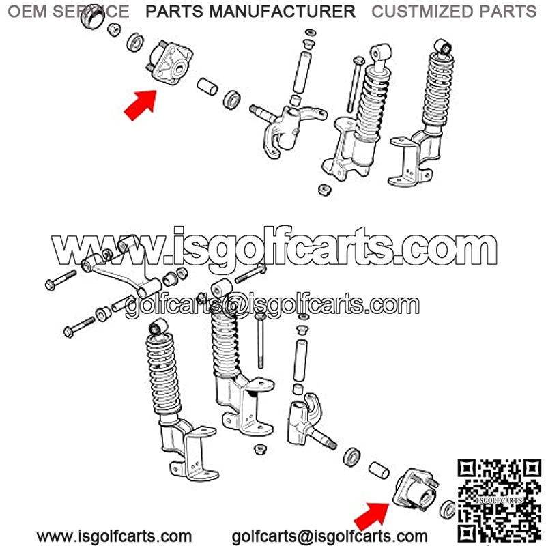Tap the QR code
(500, 502)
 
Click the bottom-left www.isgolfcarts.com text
(114, 536)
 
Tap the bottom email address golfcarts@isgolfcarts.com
(330, 536)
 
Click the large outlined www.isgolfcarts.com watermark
(274, 246)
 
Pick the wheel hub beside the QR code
(416, 490)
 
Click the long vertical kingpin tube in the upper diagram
(302, 72)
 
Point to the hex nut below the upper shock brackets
(325, 190)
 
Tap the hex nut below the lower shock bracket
(260, 449)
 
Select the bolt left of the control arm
(61, 280)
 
